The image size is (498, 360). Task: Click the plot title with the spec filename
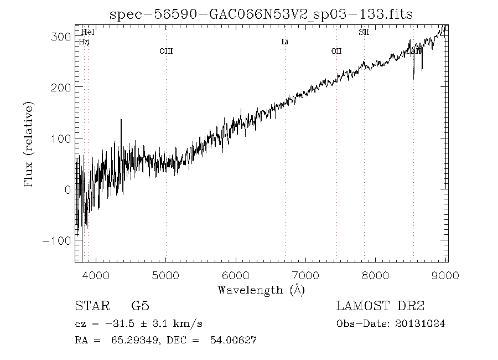(x=261, y=14)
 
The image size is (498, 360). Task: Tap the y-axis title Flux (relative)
(x=29, y=143)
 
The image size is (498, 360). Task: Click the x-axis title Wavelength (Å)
(x=261, y=290)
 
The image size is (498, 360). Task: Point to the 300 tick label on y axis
(x=61, y=37)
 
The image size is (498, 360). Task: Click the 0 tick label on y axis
(x=66, y=190)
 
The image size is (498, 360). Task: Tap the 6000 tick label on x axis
(x=236, y=275)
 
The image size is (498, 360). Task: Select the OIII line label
(x=166, y=52)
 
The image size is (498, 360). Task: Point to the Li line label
(x=285, y=42)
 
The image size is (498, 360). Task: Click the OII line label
(x=336, y=52)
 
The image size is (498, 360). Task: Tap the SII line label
(x=364, y=32)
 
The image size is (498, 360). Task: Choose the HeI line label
(x=88, y=32)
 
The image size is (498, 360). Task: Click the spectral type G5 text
(x=139, y=306)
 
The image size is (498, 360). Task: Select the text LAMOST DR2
(x=380, y=306)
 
